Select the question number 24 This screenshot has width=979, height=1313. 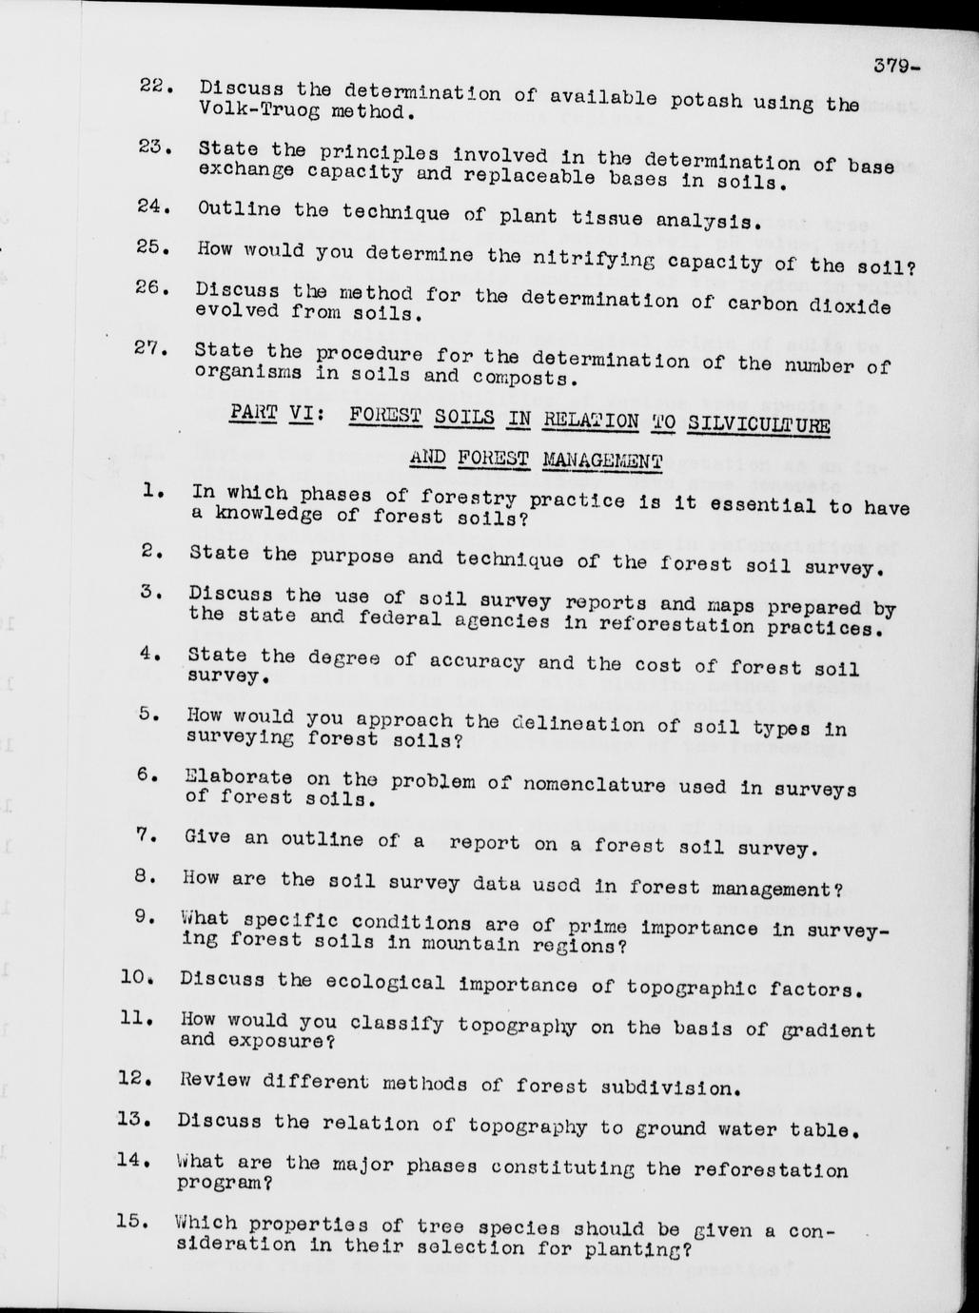click(152, 206)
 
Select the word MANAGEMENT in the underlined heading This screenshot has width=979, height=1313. click(602, 461)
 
